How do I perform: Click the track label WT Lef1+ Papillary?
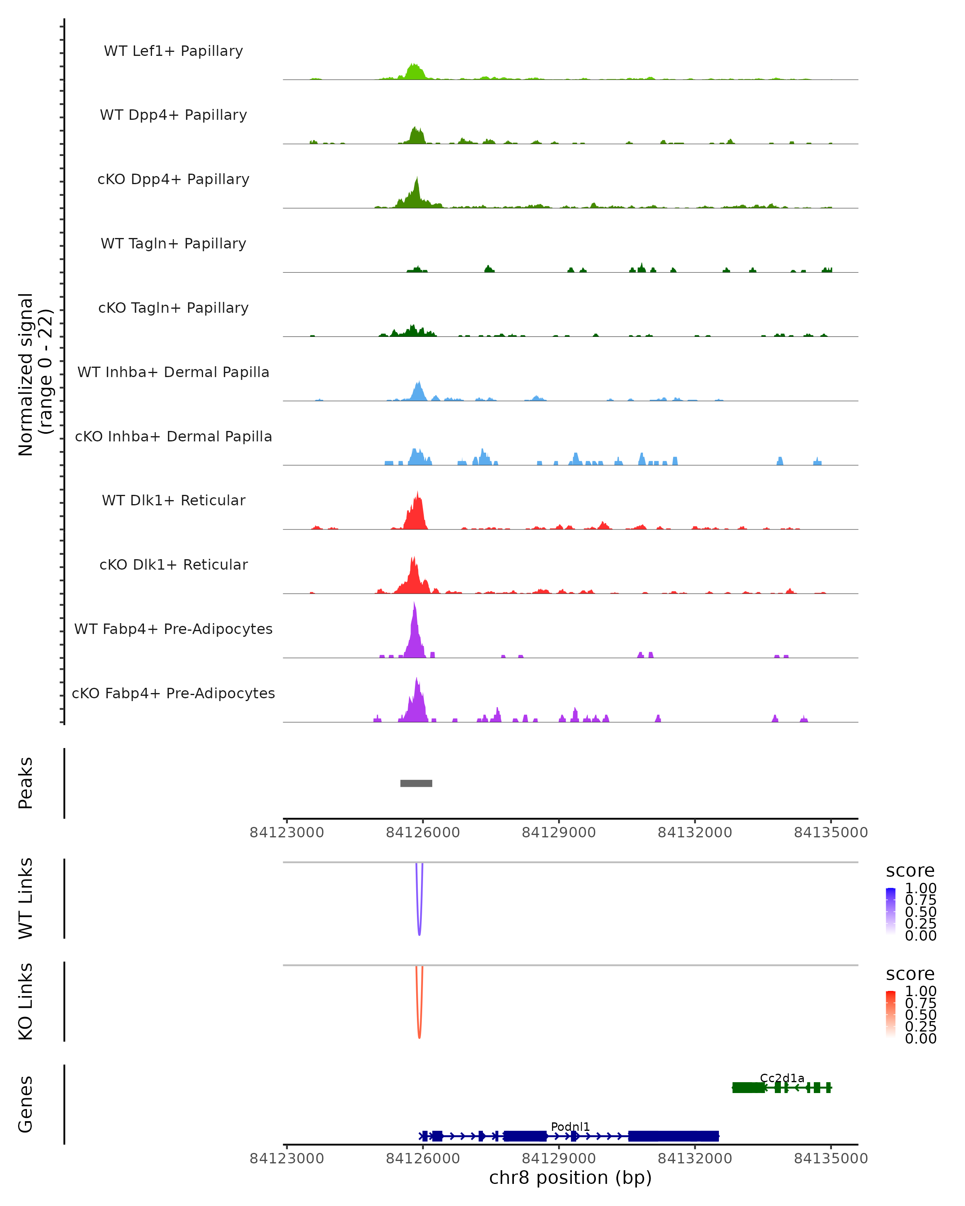coord(173,51)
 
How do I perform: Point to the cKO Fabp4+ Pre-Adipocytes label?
coord(173,693)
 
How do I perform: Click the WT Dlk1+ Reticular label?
coord(173,500)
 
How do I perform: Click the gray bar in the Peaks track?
coord(416,783)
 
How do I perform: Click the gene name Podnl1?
coord(570,1126)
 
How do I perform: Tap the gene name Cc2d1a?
coord(782,1078)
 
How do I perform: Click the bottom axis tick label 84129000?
coord(558,1158)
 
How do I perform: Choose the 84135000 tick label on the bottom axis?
coord(830,1158)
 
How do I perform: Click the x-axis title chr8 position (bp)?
coord(570,1178)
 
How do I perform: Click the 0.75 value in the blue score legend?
coord(920,900)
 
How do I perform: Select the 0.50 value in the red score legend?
coord(920,1015)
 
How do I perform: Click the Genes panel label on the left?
coord(26,1104)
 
